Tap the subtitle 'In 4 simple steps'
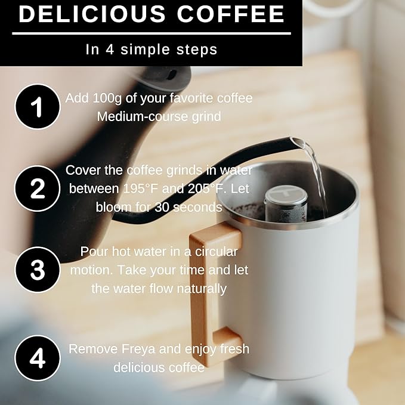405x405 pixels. point(152,50)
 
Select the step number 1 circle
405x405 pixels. point(37,107)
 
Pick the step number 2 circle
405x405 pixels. point(37,188)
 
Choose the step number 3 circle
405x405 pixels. point(37,270)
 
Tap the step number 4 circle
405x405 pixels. point(37,358)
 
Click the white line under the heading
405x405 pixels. point(152,33)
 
